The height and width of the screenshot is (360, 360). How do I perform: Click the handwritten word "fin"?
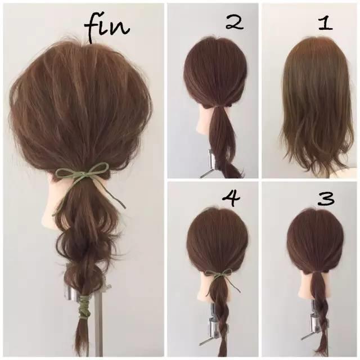coord(107,29)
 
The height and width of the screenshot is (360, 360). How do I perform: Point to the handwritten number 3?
coord(326,199)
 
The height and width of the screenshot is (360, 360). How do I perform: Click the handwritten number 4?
coord(231,199)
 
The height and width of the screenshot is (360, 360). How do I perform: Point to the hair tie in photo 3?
coord(316,273)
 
